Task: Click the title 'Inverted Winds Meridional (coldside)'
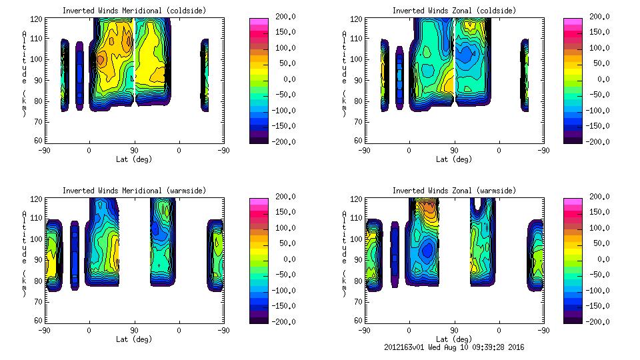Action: [x=134, y=11]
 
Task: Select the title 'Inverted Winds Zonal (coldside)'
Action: [x=453, y=11]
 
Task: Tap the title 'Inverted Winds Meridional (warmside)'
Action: [x=134, y=191]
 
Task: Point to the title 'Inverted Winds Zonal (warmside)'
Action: [x=453, y=191]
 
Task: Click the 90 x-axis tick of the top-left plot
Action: [x=134, y=150]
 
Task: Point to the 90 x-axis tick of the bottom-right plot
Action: [x=454, y=330]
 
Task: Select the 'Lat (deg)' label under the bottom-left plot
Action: [x=134, y=339]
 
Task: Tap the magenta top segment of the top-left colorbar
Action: [x=258, y=21]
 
